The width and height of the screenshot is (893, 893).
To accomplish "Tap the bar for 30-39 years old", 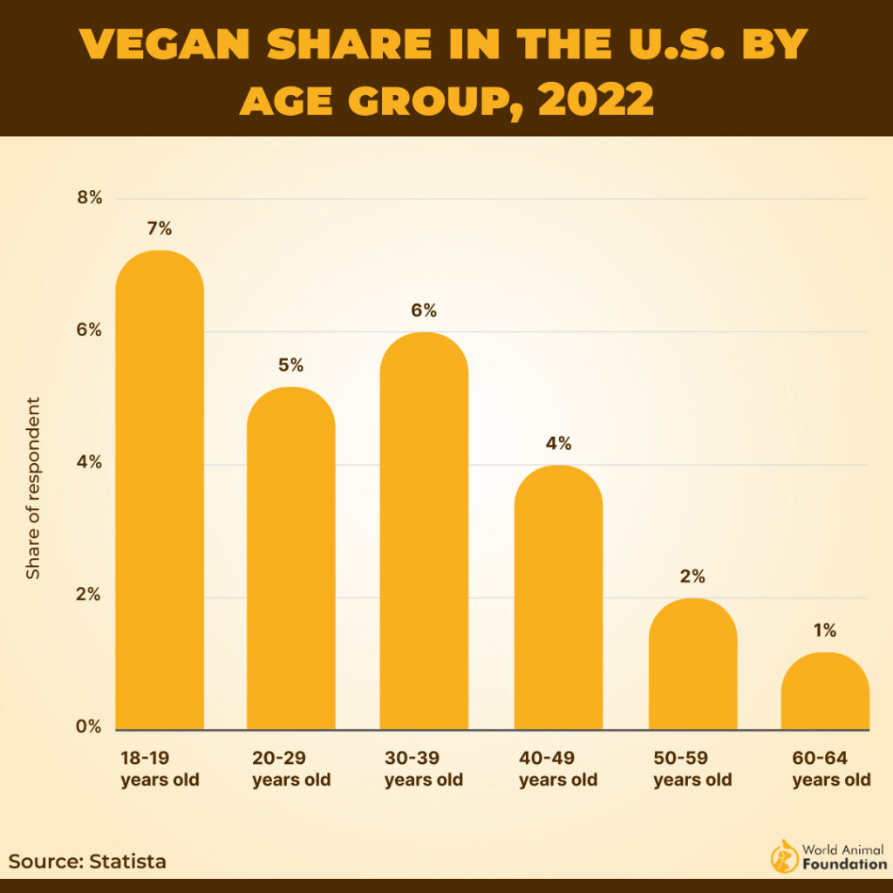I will [424, 531].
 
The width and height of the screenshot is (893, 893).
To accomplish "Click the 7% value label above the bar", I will [160, 229].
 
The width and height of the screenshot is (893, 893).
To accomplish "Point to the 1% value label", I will [825, 631].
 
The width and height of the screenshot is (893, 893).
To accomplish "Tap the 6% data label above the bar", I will [424, 310].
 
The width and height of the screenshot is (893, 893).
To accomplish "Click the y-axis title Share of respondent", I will [33, 488].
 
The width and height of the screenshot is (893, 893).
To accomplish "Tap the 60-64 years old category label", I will [831, 768].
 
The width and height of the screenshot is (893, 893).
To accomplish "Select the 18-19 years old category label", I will [160, 768].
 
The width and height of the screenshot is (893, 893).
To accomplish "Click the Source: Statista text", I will [87, 862].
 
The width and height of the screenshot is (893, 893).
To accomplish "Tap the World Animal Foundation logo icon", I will [784, 857].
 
